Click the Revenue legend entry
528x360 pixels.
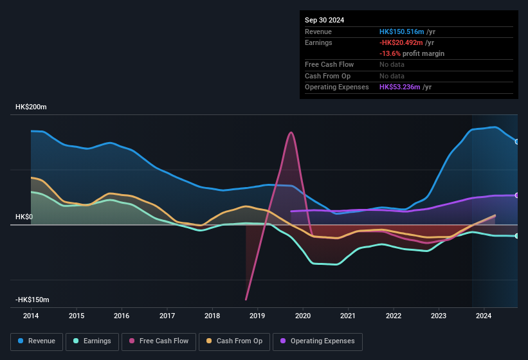coord(37,341)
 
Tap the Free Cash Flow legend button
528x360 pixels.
coord(159,341)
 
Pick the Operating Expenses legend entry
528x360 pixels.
coord(317,341)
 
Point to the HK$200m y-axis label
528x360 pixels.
coord(31,107)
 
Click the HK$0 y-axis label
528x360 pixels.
coord(24,217)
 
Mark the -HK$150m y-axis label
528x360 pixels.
coord(32,300)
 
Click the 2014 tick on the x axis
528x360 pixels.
coord(31,316)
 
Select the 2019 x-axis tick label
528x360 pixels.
coord(257,316)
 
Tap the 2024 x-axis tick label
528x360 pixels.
coord(484,316)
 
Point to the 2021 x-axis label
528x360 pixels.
coord(348,316)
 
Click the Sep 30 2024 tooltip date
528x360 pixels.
coord(324,20)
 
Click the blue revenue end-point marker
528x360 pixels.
coord(517,141)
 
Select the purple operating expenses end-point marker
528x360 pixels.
coord(517,195)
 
